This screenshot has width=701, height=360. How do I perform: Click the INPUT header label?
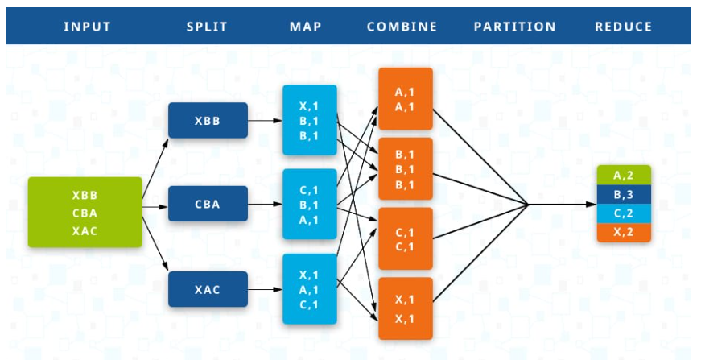pos(87,27)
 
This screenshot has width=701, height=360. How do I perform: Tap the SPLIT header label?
pos(207,27)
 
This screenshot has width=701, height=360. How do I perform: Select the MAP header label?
pos(306,27)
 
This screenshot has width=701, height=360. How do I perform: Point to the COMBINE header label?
pos(402,27)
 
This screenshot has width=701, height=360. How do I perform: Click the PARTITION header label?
pos(514,27)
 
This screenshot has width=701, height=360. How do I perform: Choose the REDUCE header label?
pos(623,27)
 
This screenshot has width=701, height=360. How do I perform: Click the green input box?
pos(85,213)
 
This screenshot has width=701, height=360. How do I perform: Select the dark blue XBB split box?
pos(208,120)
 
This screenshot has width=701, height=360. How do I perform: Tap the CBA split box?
pos(208,204)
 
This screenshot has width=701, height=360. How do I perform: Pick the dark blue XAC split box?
pos(208,289)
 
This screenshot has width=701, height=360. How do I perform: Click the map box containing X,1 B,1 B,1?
pos(309,120)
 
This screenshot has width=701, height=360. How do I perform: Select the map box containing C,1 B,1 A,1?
pos(309,205)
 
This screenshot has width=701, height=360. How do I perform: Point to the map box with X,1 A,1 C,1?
pos(309,289)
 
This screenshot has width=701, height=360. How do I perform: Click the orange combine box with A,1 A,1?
pos(406,99)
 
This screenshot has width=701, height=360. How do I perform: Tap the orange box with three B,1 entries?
pos(406,169)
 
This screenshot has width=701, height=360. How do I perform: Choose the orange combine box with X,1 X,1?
pos(406,308)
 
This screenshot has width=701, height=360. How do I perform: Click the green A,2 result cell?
pos(624,175)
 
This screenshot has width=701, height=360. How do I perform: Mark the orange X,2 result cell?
pos(624,233)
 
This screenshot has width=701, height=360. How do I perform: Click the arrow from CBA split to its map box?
pos(265,205)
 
